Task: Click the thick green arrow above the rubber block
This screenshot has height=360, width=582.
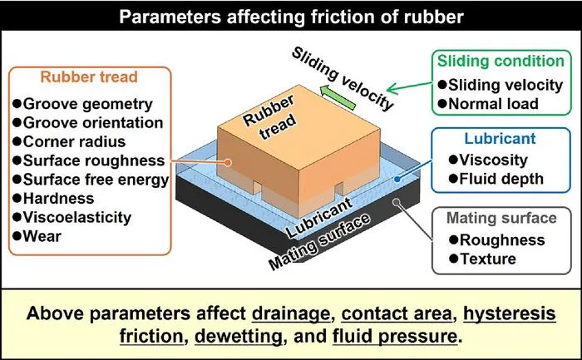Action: (x=338, y=97)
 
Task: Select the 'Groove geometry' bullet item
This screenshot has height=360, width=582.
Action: (x=83, y=104)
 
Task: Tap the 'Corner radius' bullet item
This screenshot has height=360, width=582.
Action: (x=69, y=142)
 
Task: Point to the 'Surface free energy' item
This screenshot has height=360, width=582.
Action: (x=91, y=180)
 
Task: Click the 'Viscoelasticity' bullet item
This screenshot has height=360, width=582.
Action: (x=72, y=218)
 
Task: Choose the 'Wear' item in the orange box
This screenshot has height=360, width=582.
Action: (x=37, y=236)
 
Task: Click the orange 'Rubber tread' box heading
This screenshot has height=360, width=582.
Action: (x=89, y=76)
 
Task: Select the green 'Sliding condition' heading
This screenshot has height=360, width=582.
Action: (x=501, y=61)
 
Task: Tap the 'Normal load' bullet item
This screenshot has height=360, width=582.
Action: (x=488, y=104)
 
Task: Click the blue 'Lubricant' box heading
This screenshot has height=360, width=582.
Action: (x=500, y=139)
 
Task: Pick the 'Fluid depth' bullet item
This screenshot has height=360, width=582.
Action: (x=496, y=179)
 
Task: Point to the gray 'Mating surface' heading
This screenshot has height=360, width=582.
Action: (x=501, y=218)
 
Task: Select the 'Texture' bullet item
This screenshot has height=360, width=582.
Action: (x=482, y=259)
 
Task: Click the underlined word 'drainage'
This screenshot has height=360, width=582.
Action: (x=291, y=314)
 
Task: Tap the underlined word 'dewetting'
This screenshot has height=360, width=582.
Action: (x=239, y=337)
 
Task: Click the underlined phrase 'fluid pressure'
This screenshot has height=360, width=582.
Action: (x=395, y=337)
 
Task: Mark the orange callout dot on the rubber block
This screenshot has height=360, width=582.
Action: (x=228, y=163)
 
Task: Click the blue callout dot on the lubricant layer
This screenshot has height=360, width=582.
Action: (x=397, y=180)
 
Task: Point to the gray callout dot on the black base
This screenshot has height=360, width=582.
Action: (x=397, y=202)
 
